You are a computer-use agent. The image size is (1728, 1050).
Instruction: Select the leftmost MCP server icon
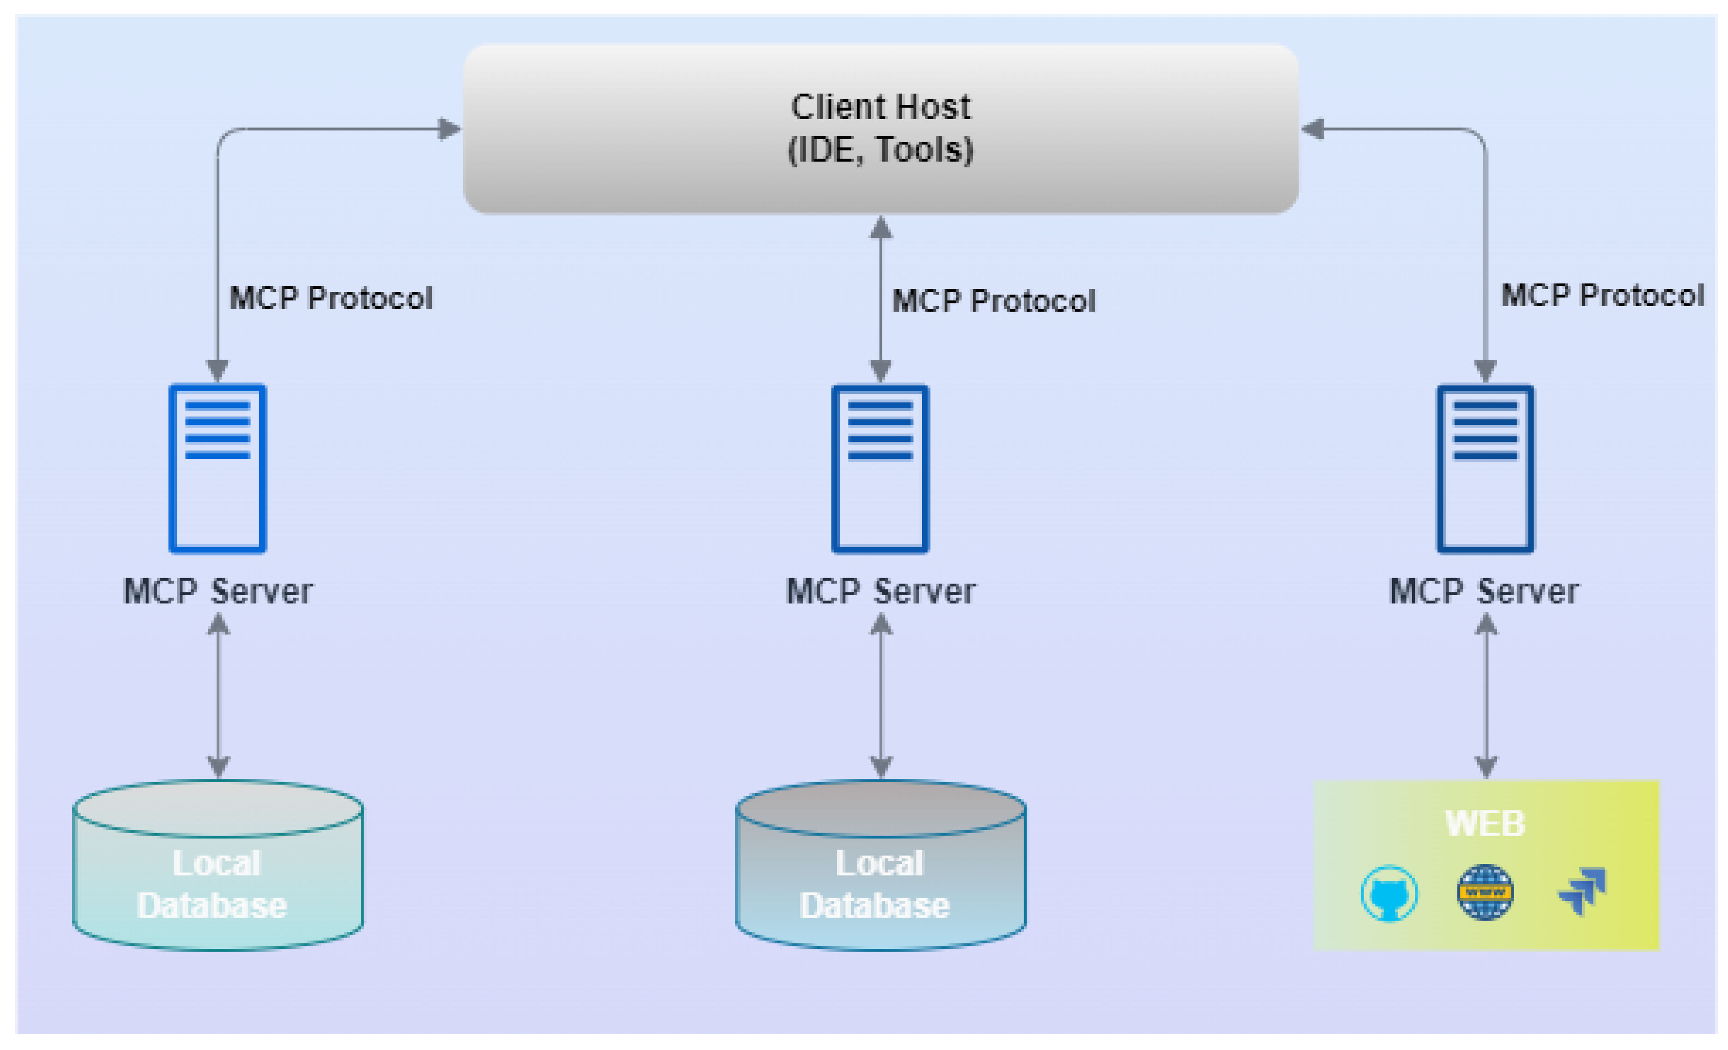[x=218, y=468]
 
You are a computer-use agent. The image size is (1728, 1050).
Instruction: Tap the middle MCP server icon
[x=880, y=468]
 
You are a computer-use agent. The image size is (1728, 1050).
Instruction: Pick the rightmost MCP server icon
[x=1485, y=468]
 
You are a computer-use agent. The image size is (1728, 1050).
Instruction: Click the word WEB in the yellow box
[x=1485, y=824]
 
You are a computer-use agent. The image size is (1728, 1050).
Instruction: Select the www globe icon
[x=1485, y=892]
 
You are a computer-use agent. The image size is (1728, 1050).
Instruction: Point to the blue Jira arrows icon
[x=1582, y=890]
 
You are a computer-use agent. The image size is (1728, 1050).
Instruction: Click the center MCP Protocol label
[x=993, y=301]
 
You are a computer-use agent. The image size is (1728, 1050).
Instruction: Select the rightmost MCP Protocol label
[x=1602, y=295]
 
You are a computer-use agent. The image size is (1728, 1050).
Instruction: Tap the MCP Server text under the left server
[x=218, y=591]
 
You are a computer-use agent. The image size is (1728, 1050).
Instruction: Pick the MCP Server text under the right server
[x=1484, y=591]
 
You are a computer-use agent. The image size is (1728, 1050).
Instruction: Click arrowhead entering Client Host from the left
[x=449, y=129]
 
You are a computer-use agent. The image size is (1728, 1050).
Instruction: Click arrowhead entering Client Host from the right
[x=1313, y=129]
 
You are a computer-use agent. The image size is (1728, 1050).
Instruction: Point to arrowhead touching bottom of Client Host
[x=881, y=228]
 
